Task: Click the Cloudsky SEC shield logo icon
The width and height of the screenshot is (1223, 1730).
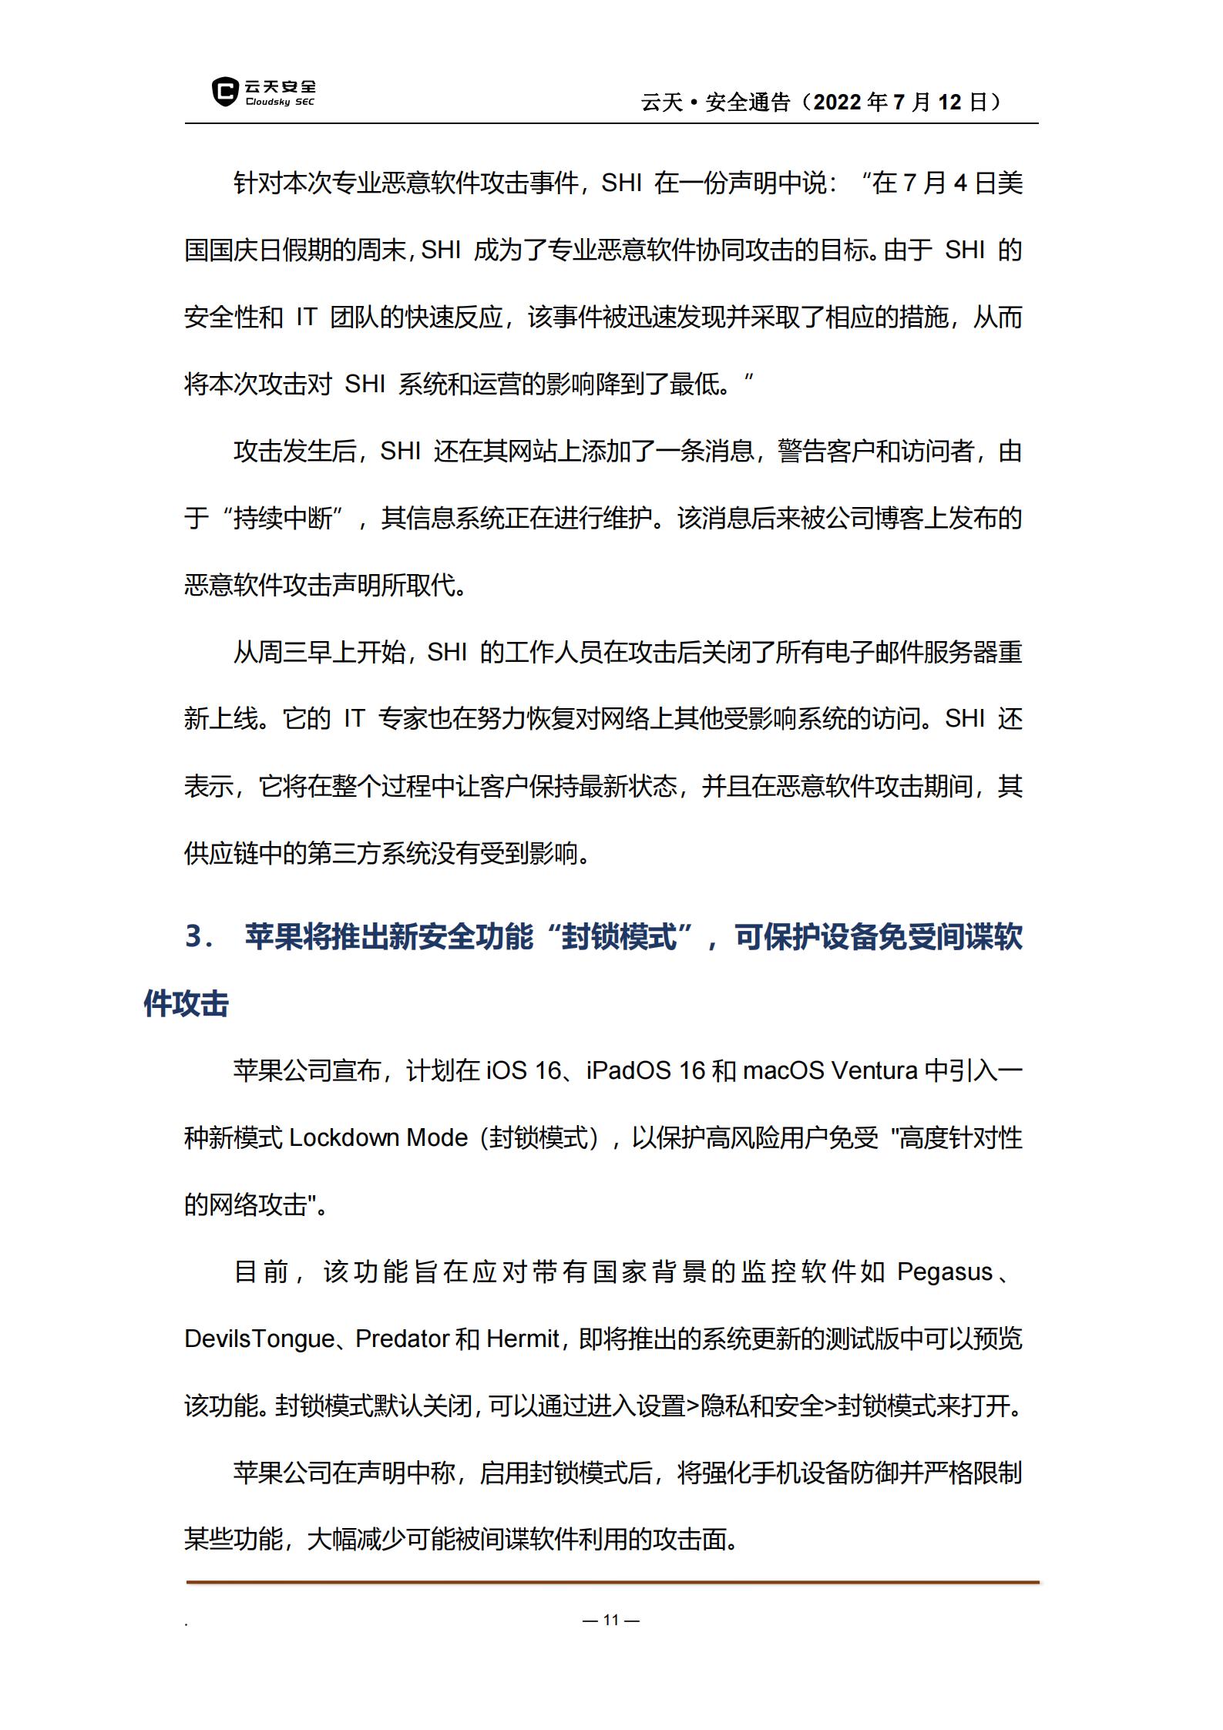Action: coord(224,92)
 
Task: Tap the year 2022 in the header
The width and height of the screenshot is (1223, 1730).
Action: coord(838,102)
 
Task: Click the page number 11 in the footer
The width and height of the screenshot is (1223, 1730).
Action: coord(611,1620)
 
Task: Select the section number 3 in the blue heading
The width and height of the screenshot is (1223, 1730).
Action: coord(195,937)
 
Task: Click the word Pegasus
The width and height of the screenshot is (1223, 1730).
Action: coord(944,1271)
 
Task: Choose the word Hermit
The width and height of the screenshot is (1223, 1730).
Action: coord(522,1339)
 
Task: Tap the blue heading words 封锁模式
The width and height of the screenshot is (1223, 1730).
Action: coord(619,937)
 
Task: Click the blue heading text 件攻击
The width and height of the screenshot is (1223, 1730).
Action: coord(186,1004)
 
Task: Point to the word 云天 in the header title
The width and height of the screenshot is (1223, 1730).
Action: coord(662,102)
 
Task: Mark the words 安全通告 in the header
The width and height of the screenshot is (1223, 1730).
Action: coord(748,102)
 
